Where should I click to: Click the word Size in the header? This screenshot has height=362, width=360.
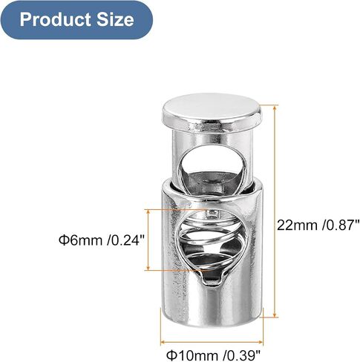115,19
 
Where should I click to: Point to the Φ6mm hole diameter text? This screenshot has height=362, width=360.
80,240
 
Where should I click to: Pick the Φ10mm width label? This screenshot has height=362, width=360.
192,355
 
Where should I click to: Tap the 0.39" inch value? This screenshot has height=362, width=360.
242,355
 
